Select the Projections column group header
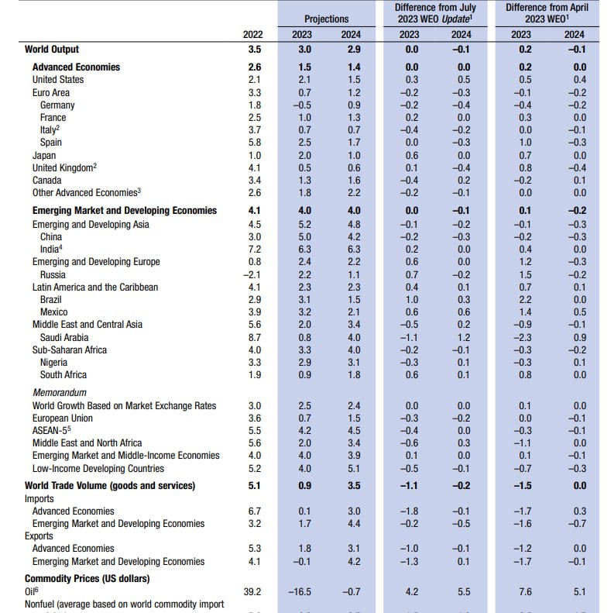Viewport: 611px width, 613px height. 326,18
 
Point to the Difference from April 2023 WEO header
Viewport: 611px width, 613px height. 547,12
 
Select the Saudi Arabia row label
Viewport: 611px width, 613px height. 64,337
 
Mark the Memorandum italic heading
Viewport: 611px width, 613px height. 59,393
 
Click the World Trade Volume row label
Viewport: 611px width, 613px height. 110,485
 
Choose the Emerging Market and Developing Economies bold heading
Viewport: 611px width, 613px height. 125,210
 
